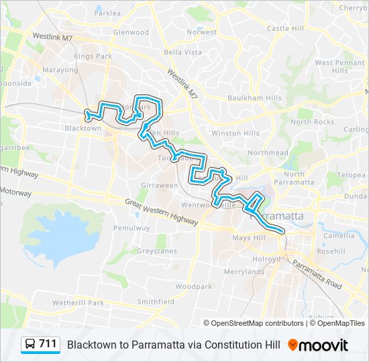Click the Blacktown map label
(x=83, y=128)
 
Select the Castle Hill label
(x=286, y=29)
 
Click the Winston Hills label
(x=235, y=133)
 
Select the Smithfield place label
(x=156, y=302)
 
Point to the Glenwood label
(x=131, y=32)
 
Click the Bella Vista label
(x=182, y=52)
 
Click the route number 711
(x=48, y=344)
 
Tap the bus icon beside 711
(x=31, y=345)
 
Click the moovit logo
(x=318, y=345)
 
